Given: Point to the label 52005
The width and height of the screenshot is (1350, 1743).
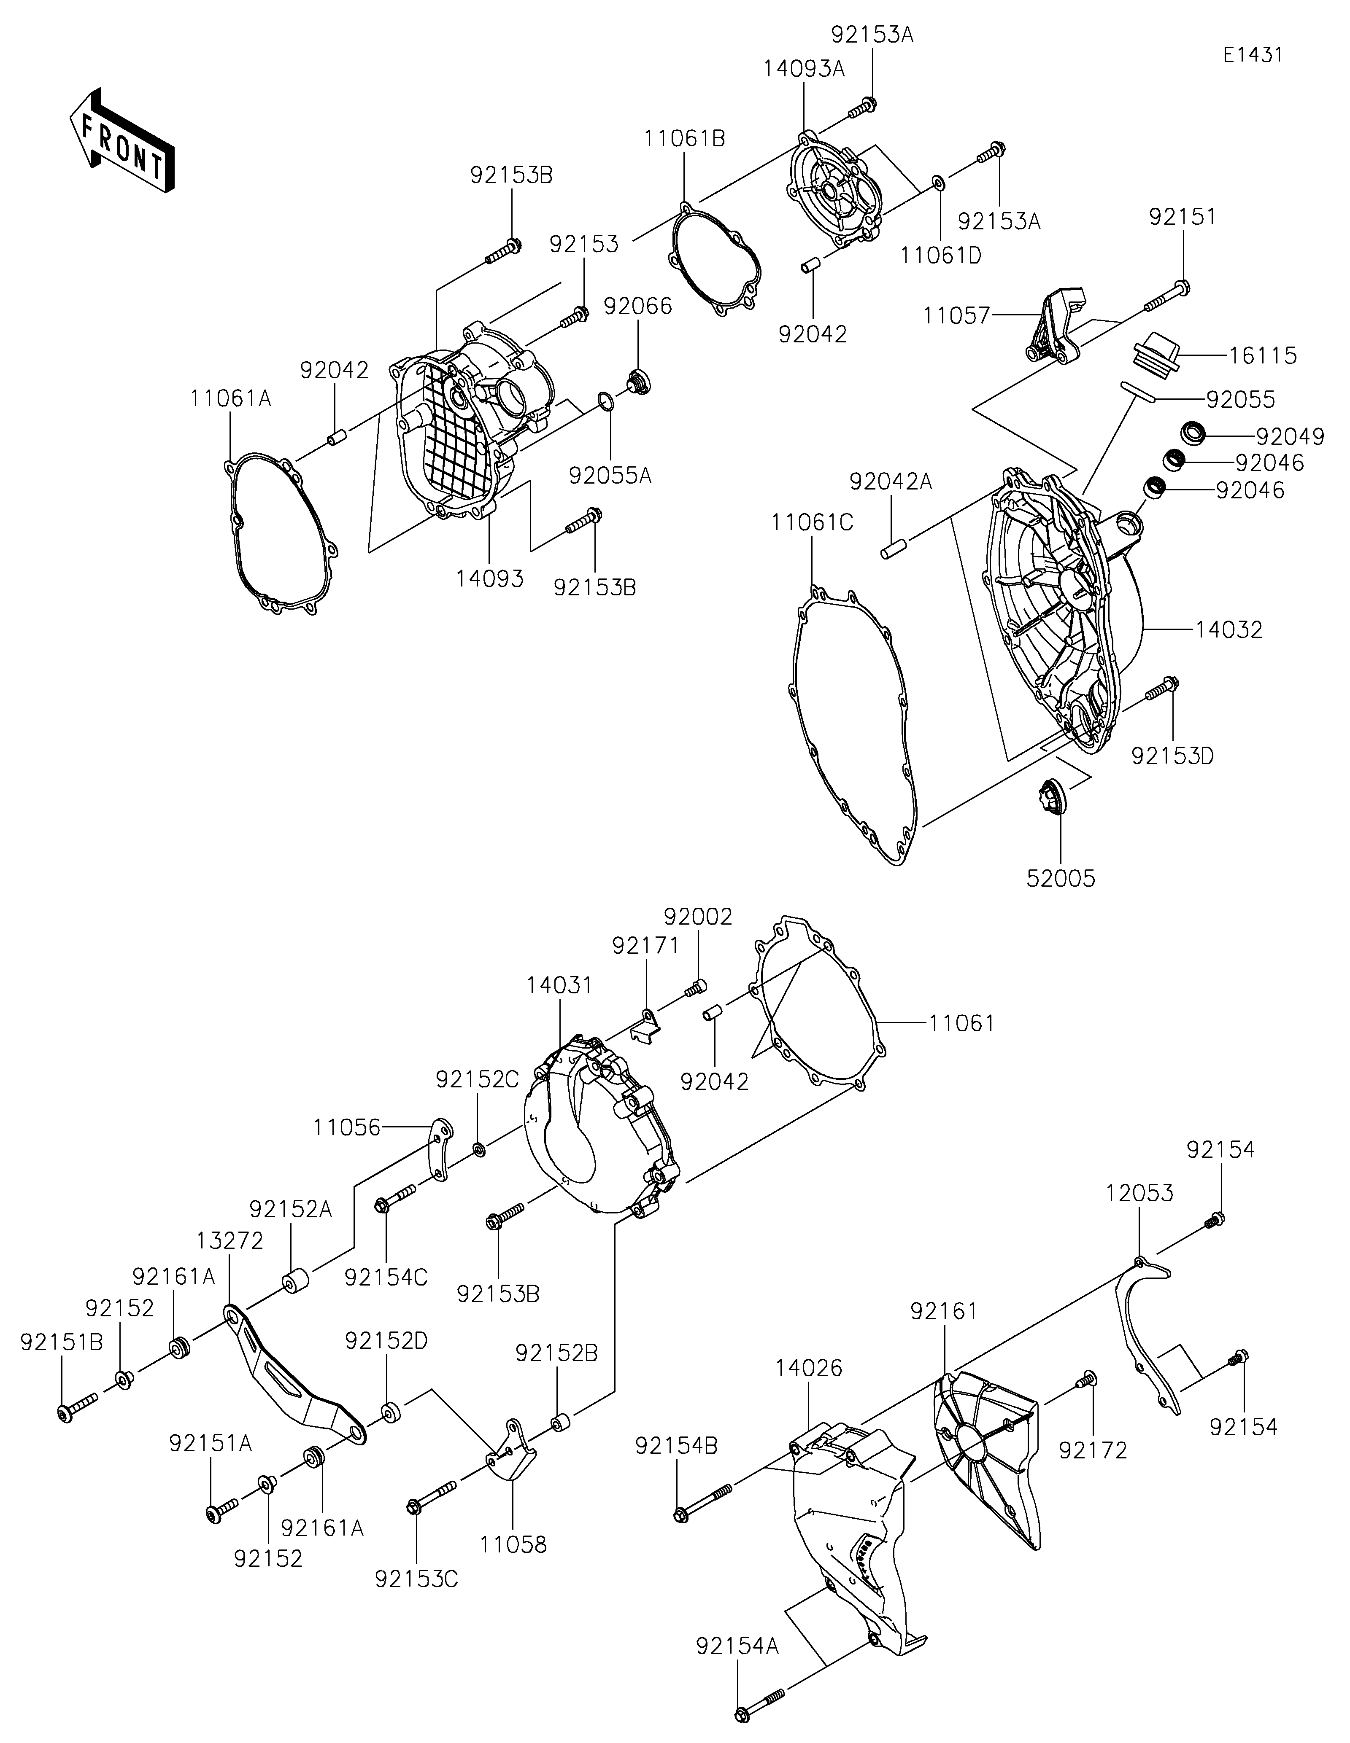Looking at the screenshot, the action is [x=1061, y=879].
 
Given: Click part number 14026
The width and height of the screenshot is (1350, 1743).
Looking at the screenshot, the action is [x=809, y=1368].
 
